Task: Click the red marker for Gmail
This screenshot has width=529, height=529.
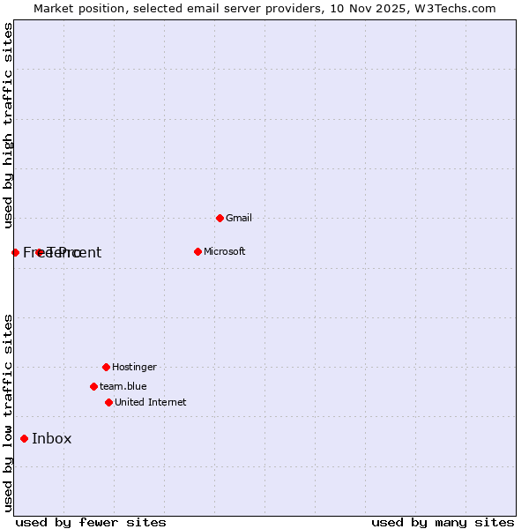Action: click(220, 218)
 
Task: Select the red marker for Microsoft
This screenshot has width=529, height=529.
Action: click(197, 251)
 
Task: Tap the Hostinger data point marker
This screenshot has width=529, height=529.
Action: click(106, 367)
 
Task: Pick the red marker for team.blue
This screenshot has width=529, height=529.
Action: click(93, 386)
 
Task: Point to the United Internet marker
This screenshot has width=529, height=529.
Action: click(108, 402)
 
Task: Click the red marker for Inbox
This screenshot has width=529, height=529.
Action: click(24, 438)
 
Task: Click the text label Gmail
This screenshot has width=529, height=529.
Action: click(239, 218)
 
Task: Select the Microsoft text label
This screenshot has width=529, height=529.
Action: click(224, 251)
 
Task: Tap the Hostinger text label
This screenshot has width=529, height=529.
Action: click(134, 367)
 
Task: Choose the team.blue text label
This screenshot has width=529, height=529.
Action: click(123, 386)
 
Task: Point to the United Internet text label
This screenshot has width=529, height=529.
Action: click(150, 402)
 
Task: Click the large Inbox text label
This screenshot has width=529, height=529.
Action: click(51, 438)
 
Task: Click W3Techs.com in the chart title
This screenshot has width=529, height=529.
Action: click(455, 9)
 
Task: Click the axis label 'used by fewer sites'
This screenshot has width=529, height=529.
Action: click(91, 522)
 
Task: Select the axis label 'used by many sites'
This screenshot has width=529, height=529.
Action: click(443, 522)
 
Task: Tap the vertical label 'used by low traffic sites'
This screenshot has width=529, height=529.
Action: click(8, 413)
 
